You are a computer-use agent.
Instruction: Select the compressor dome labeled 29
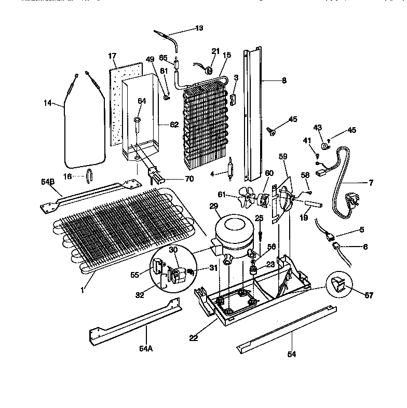233,230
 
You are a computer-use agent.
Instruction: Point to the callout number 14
48,103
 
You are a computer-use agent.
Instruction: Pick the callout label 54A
146,348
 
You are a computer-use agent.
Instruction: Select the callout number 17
112,56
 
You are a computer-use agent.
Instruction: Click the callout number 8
283,80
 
